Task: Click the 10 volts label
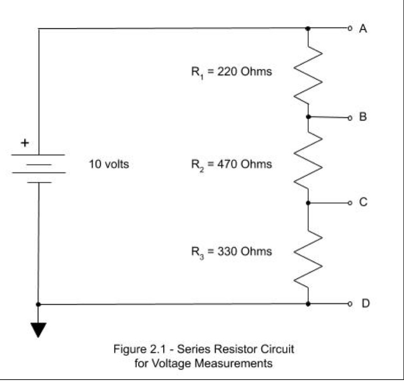pyautogui.click(x=109, y=164)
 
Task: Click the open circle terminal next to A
pyautogui.click(x=349, y=28)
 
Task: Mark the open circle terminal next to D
pyautogui.click(x=349, y=304)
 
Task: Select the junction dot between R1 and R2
pyautogui.click(x=308, y=117)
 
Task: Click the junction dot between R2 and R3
pyautogui.click(x=308, y=203)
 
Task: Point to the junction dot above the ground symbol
pyautogui.click(x=38, y=304)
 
